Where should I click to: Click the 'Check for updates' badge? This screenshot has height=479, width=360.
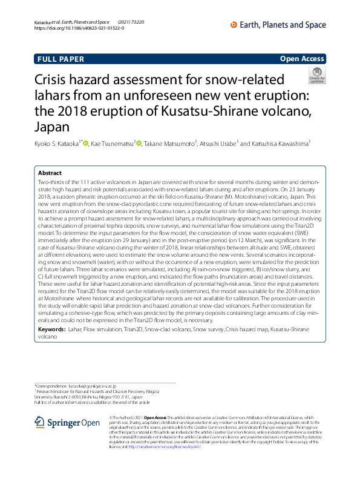click(316, 76)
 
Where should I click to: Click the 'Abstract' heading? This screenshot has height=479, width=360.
click(50, 173)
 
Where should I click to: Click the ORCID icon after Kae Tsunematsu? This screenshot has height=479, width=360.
click(139, 144)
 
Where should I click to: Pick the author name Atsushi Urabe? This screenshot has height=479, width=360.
click(220, 144)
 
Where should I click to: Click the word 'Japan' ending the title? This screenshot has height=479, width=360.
click(53, 128)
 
